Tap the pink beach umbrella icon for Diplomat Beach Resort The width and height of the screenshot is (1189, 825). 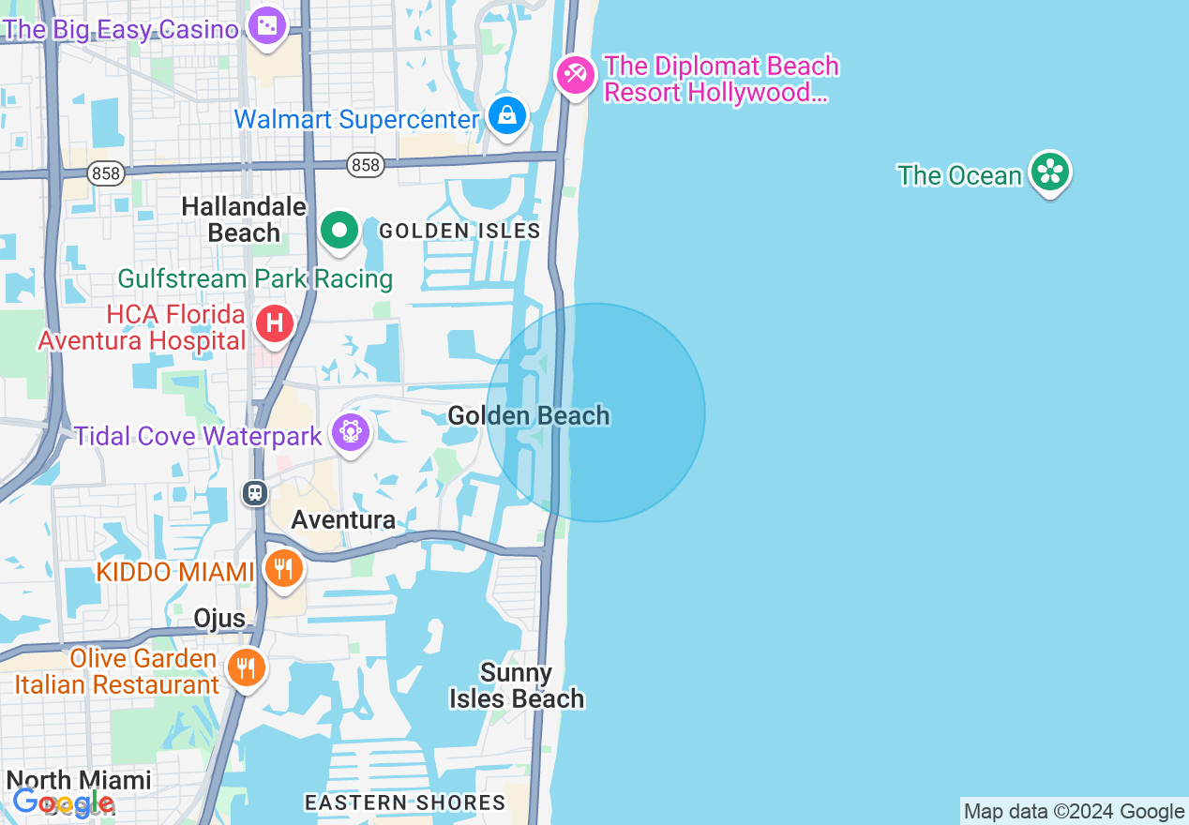pyautogui.click(x=574, y=74)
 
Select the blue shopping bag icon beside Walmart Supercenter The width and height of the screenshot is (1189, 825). pyautogui.click(x=507, y=116)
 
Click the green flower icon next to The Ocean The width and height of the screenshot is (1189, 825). pyautogui.click(x=1049, y=172)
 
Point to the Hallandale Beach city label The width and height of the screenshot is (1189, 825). pyautogui.click(x=244, y=219)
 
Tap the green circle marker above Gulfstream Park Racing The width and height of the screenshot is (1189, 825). pyautogui.click(x=339, y=230)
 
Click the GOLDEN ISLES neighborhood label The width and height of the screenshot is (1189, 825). pyautogui.click(x=459, y=231)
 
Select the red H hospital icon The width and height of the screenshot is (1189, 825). pyautogui.click(x=275, y=324)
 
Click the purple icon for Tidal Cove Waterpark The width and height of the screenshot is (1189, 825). pyautogui.click(x=351, y=432)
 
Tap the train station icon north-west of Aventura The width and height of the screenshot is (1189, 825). pyautogui.click(x=255, y=492)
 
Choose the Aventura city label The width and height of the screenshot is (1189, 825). pyautogui.click(x=342, y=519)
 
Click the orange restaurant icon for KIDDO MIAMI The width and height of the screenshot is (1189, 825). pyautogui.click(x=282, y=568)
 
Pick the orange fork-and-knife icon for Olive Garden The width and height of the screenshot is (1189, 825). pyautogui.click(x=246, y=667)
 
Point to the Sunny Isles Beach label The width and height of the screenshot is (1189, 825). pyautogui.click(x=517, y=685)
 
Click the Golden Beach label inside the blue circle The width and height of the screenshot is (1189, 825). pyautogui.click(x=529, y=415)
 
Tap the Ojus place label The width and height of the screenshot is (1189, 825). pyautogui.click(x=219, y=619)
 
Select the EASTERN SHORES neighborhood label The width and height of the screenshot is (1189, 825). pyautogui.click(x=405, y=802)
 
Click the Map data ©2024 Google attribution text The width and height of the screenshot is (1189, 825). pyautogui.click(x=1075, y=812)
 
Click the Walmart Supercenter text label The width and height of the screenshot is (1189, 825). pyautogui.click(x=357, y=119)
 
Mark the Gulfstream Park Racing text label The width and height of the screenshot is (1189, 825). pyautogui.click(x=255, y=278)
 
